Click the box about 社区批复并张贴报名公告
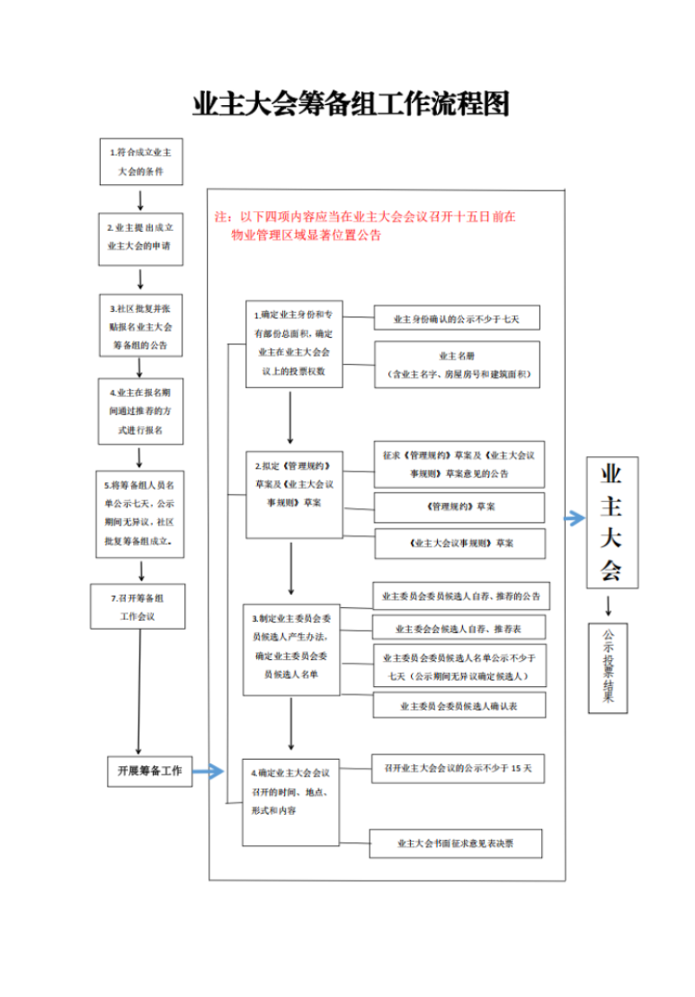[x=140, y=326]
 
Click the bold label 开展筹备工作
[x=150, y=770]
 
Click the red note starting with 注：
[x=365, y=226]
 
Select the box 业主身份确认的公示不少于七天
[x=456, y=319]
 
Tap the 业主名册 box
[x=456, y=365]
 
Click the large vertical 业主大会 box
[x=612, y=521]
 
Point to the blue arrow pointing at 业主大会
[x=574, y=518]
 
